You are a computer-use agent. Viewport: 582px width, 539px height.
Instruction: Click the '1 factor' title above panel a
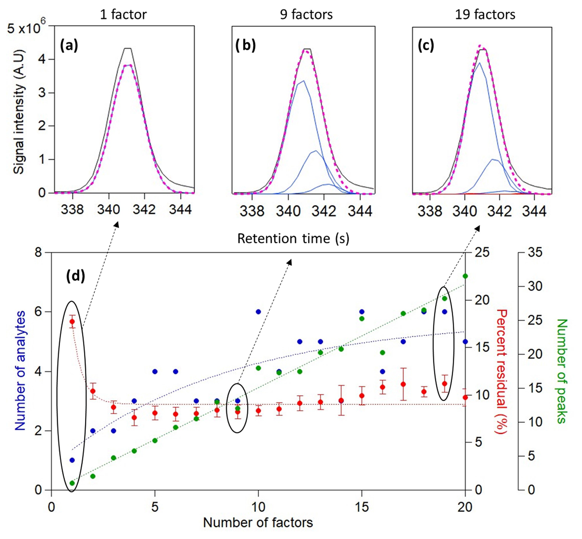pos(123,14)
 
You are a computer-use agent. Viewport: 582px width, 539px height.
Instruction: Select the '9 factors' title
pos(306,14)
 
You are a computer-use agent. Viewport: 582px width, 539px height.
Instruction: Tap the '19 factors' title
pos(485,14)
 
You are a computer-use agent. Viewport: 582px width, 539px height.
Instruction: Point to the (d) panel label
pos(75,276)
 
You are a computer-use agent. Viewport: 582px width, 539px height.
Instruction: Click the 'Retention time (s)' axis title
pos(293,239)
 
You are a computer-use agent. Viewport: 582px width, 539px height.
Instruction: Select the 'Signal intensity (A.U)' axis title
pos(19,112)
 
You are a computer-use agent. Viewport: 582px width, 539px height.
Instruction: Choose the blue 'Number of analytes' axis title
pos(20,371)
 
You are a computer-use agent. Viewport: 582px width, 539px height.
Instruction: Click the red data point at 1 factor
pos(72,321)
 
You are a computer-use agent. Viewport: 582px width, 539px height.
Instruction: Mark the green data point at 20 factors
pos(465,276)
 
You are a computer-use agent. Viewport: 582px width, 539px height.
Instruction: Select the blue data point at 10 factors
pos(258,312)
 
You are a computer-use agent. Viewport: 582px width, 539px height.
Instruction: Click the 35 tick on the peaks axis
pos(535,252)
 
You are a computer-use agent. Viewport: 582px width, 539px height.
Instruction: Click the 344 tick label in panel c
pos(534,211)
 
